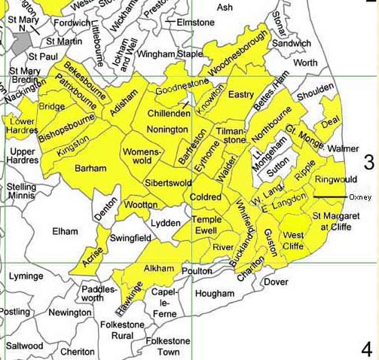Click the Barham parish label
point(90,169)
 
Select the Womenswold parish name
point(147,158)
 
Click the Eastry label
point(240,95)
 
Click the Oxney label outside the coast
point(361,197)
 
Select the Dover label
point(276,282)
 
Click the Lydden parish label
point(166,224)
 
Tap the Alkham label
point(158,268)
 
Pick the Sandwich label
point(291,44)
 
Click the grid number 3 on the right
point(368,162)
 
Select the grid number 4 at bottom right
point(367,349)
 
